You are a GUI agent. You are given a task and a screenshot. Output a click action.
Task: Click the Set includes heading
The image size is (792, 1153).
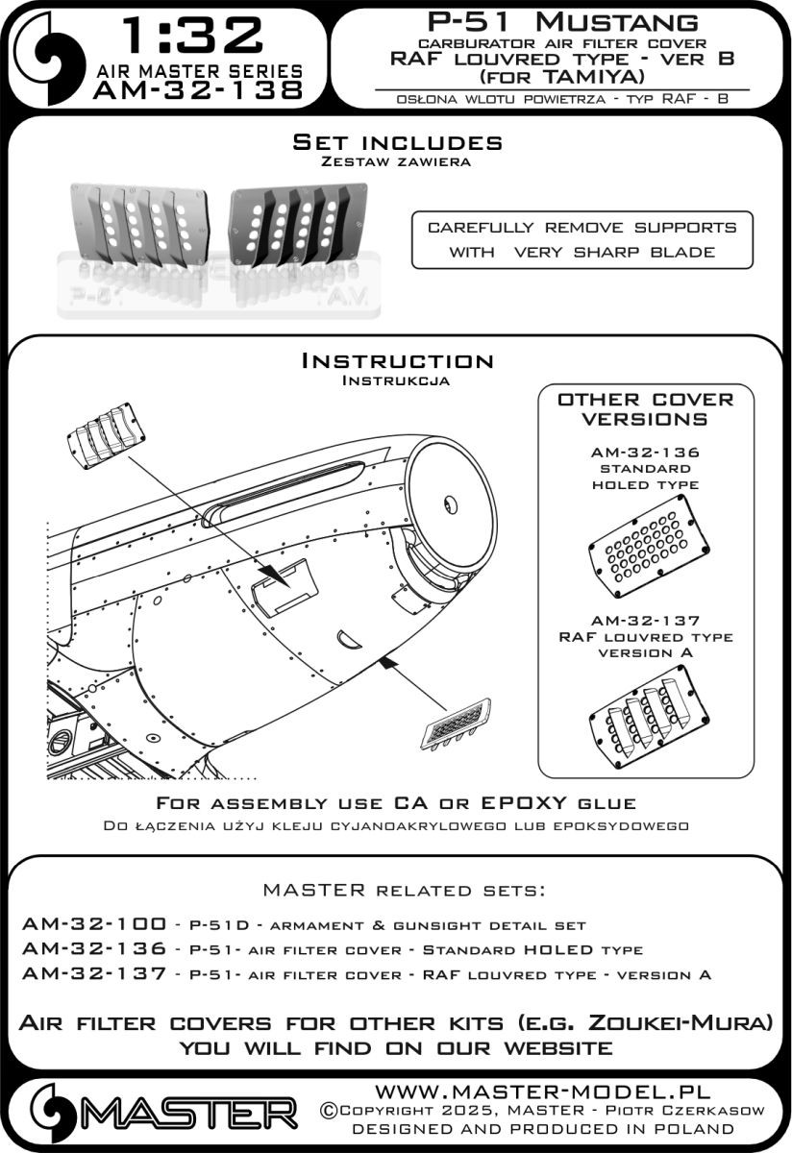tap(397, 142)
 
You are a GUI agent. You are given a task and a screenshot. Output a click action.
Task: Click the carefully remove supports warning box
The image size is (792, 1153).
tap(582, 239)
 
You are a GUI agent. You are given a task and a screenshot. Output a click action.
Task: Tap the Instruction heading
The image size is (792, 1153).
tap(397, 361)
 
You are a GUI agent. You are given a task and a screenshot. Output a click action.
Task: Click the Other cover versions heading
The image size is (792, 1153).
tap(645, 408)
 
